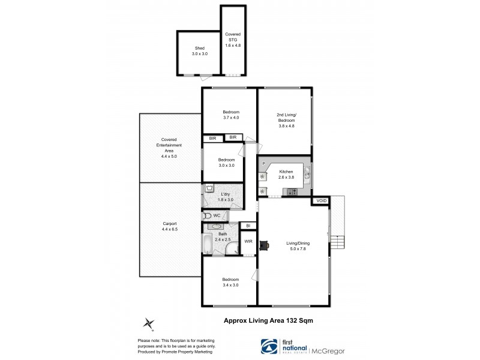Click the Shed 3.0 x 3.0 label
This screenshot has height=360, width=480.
pyautogui.click(x=199, y=51)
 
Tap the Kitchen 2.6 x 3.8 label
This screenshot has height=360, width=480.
pyautogui.click(x=286, y=175)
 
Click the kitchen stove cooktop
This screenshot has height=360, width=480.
pyautogui.click(x=293, y=192)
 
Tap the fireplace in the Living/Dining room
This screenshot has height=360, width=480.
pyautogui.click(x=264, y=244)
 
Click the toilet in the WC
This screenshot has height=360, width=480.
pyautogui.click(x=208, y=215)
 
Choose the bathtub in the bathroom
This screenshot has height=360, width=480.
pyautogui.click(x=207, y=244)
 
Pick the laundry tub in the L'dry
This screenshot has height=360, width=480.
pyautogui.click(x=209, y=188)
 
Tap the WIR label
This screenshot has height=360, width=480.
pyautogui.click(x=248, y=242)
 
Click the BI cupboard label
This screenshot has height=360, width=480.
pyautogui.click(x=248, y=226)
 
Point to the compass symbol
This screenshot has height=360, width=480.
pyautogui.click(x=148, y=323)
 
